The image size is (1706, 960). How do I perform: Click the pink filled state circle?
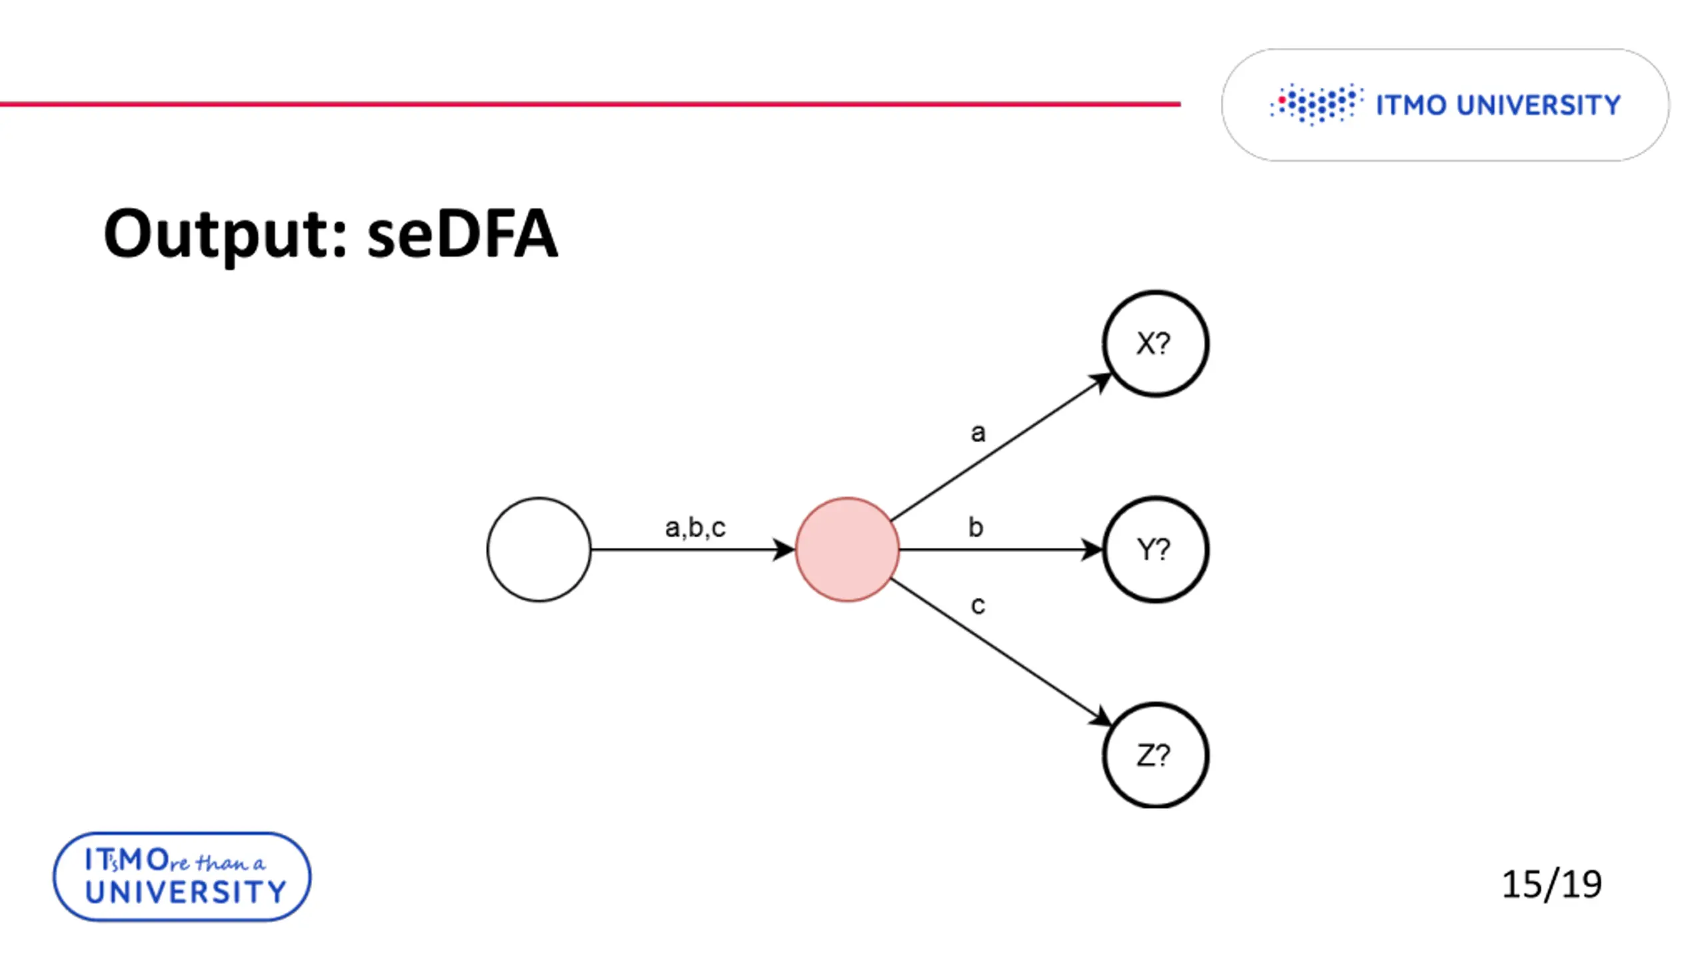(x=847, y=549)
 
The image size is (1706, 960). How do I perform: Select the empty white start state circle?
(x=538, y=549)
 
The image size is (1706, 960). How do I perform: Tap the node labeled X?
(x=1155, y=344)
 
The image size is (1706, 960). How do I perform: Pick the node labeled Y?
(x=1155, y=549)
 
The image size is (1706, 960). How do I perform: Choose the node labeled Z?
(x=1155, y=755)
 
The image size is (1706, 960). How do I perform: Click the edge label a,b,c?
(x=695, y=527)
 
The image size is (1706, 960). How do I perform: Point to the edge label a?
(x=978, y=433)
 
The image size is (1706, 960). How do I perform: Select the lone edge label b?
(x=976, y=527)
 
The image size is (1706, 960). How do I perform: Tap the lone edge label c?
(x=978, y=605)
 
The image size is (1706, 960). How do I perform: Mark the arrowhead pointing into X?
(x=1100, y=381)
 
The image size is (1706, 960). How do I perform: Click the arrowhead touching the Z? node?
(x=1100, y=717)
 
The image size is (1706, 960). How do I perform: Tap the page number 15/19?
(x=1551, y=884)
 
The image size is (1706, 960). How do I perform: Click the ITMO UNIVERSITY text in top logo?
(x=1498, y=105)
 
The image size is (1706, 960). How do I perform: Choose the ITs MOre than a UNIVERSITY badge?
(x=182, y=877)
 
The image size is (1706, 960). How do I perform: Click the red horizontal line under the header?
(x=590, y=104)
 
